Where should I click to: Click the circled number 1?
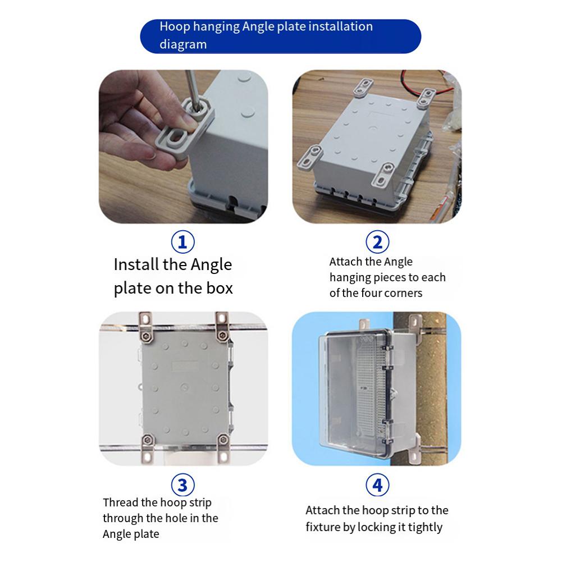pyautogui.click(x=182, y=242)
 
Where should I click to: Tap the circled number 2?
pyautogui.click(x=377, y=242)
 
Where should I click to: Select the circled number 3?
pyautogui.click(x=182, y=484)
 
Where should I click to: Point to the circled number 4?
pyautogui.click(x=377, y=484)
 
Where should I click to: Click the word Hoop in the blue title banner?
pyautogui.click(x=175, y=26)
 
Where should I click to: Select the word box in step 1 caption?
pyautogui.click(x=217, y=288)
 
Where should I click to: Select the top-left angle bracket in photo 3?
pyautogui.click(x=145, y=326)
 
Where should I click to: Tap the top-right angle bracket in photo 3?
pyautogui.click(x=222, y=326)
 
